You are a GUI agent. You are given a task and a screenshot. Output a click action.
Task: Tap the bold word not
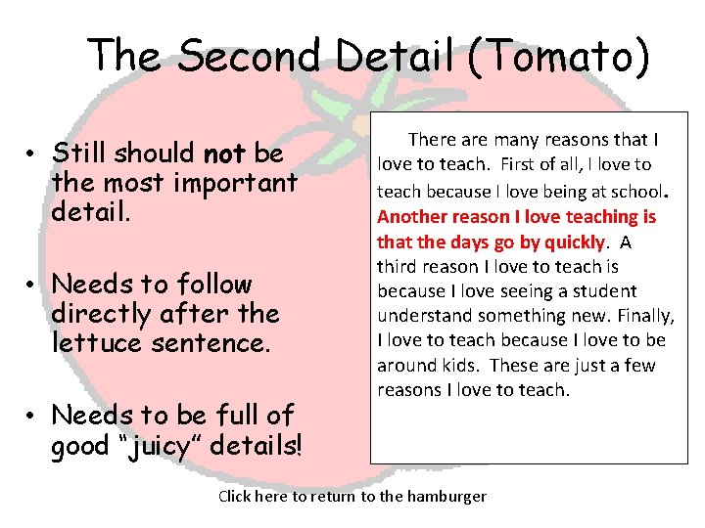point(223,154)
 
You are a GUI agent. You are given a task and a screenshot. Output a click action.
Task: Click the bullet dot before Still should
point(32,154)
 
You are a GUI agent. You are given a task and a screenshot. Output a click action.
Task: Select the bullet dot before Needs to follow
point(32,286)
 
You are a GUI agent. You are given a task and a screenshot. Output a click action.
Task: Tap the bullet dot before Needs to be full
point(32,416)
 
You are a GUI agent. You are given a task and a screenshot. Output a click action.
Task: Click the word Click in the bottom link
point(236,496)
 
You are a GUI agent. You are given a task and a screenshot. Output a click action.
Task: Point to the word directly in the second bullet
point(95,314)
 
